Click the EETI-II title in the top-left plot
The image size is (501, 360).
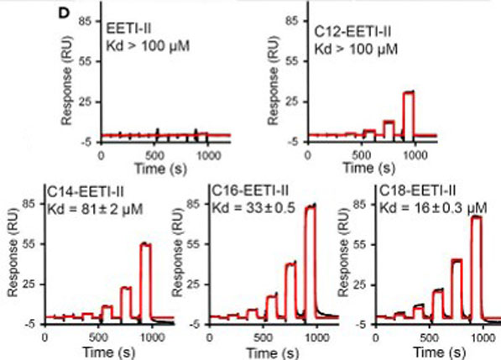(129, 29)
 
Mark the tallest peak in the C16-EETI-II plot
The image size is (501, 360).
(311, 206)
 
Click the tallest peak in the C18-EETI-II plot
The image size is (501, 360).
(477, 217)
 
